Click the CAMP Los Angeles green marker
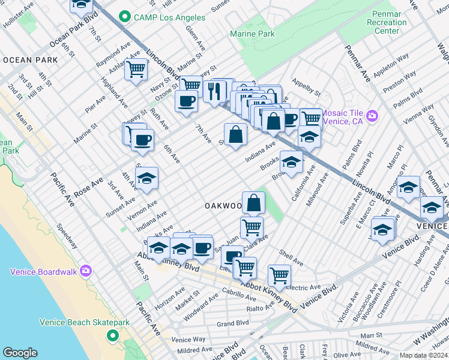(x=125, y=16)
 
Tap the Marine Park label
(x=252, y=34)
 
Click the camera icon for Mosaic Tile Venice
(x=372, y=115)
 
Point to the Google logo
(x=20, y=353)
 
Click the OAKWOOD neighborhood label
(x=223, y=206)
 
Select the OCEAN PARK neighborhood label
(x=30, y=60)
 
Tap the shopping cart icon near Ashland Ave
(x=136, y=70)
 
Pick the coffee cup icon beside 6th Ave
(x=142, y=140)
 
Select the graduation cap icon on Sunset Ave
(x=146, y=178)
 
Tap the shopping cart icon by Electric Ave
(x=279, y=275)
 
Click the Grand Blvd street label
(x=233, y=323)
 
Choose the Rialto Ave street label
(x=259, y=308)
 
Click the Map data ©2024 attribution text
(x=423, y=355)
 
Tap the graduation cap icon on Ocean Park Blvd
(x=81, y=6)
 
